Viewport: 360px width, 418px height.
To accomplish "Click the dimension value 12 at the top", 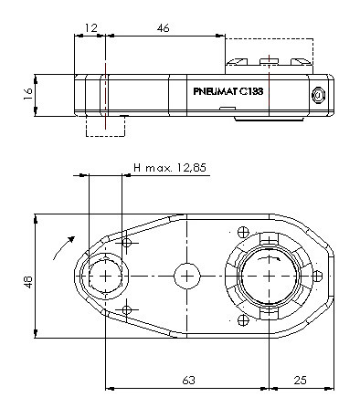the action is coord(90,28).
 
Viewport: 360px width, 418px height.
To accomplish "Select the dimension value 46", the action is coord(163,28).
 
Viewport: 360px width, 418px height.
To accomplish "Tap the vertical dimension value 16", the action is coord(28,94).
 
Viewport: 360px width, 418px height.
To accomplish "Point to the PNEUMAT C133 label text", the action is coord(228,91).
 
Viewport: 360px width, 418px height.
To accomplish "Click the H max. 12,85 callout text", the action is coord(170,168).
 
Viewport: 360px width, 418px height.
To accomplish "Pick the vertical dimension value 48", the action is coord(28,282).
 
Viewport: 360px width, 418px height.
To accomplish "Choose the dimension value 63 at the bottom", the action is coord(188,381).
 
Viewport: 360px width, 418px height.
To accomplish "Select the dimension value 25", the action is coord(301,381).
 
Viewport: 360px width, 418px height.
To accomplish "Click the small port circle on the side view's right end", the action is coord(318,95).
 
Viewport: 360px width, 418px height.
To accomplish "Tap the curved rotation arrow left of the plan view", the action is coord(63,247).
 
